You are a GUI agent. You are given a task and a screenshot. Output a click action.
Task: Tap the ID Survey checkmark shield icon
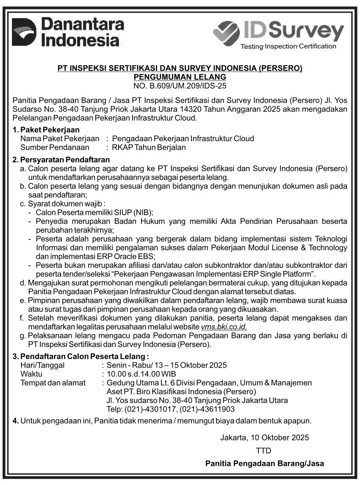(227, 32)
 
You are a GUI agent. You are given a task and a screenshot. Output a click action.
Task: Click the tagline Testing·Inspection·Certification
(288, 46)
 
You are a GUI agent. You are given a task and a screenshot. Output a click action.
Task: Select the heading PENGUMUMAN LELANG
(180, 77)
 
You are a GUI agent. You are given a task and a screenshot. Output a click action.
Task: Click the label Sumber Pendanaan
(55, 148)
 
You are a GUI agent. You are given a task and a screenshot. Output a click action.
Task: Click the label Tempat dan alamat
(53, 383)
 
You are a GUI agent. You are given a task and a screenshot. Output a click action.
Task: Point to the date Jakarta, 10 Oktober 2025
(265, 437)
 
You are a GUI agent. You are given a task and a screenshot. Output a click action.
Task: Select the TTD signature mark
(263, 450)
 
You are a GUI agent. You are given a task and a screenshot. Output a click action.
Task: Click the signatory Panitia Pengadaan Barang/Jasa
(265, 463)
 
